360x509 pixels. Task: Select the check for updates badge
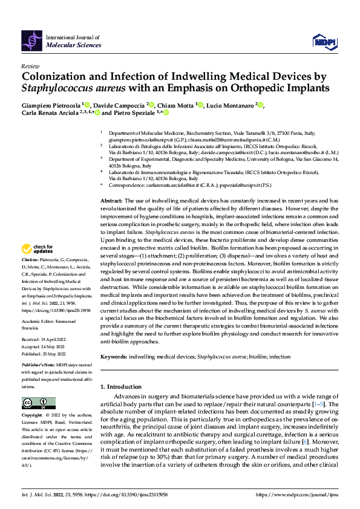tap(37, 265)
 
